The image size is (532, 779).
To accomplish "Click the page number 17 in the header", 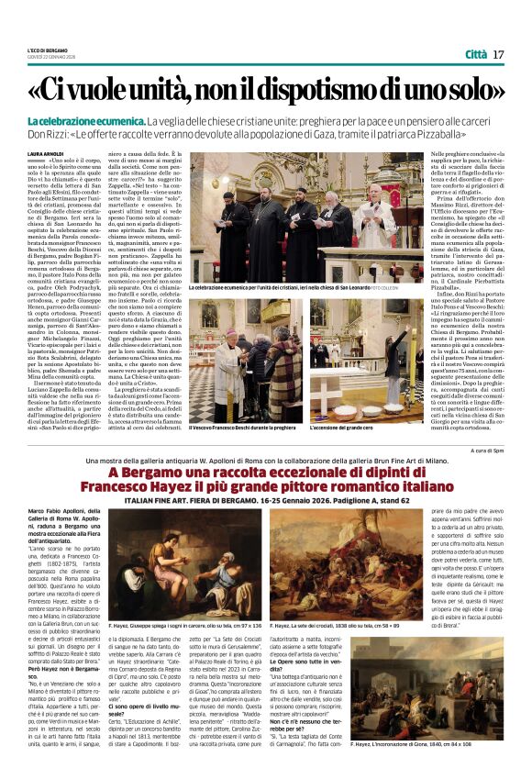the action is pos(498,54).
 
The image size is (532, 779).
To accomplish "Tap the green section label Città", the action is pos(475,54).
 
